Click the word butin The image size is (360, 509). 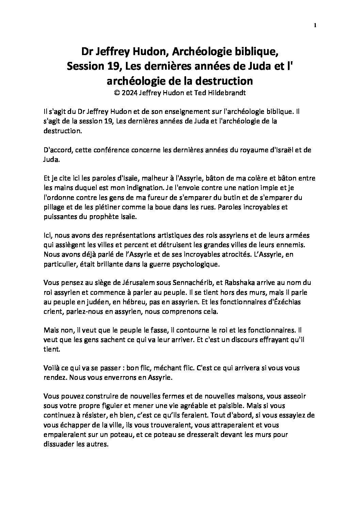click(x=211, y=198)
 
